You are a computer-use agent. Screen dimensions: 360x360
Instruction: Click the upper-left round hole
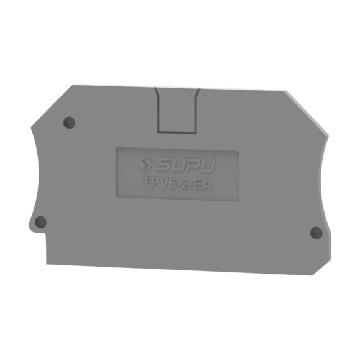(x=69, y=122)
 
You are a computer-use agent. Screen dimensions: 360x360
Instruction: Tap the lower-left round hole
(x=40, y=222)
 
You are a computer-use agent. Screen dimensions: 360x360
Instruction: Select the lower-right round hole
(x=316, y=233)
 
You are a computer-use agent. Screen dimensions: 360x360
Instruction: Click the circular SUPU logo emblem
(x=146, y=164)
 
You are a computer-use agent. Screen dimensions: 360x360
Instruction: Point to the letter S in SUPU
(x=163, y=165)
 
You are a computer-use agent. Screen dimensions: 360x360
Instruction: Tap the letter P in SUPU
(x=192, y=165)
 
